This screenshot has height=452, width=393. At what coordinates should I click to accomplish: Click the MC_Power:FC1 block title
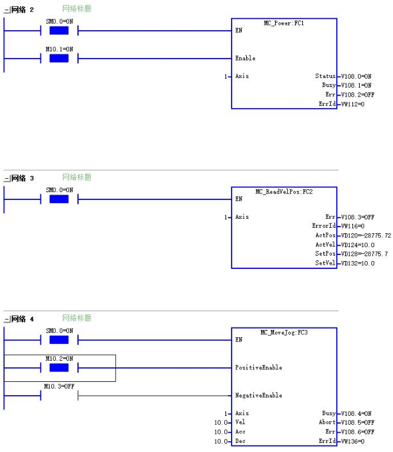pos(284,23)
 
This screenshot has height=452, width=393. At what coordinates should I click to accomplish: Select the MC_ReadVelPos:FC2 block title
pos(284,192)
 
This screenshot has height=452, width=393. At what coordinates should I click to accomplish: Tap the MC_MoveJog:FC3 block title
pos(284,332)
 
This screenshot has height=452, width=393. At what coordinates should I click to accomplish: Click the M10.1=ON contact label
pos(59,50)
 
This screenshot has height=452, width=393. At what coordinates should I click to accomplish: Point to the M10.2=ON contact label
pos(59,358)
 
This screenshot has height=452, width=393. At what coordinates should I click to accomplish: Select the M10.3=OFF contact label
pos(59,386)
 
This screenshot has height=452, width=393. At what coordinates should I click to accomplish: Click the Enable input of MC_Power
pos(245,58)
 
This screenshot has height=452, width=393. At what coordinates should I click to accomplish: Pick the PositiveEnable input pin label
pos(259,367)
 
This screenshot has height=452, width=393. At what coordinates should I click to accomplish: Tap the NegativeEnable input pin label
pos(259,395)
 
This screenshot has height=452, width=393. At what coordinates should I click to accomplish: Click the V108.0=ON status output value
pos(356,76)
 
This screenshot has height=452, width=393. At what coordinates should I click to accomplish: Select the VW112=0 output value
pos(352,104)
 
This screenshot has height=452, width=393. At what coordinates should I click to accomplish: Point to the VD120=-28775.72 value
pos(366,236)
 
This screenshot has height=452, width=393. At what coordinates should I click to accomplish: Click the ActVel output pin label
pos(325,245)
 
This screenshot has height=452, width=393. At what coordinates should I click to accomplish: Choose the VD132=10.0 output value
pos(357,263)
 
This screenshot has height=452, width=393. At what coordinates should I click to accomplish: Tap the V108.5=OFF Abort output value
pos(357,422)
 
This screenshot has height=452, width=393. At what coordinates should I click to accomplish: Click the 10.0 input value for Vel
pos(221,422)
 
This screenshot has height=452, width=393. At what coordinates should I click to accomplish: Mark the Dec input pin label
pos(240,441)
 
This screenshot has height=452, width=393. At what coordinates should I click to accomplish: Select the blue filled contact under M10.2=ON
pos(59,367)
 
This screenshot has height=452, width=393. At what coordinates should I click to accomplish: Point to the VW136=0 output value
pos(352,441)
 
